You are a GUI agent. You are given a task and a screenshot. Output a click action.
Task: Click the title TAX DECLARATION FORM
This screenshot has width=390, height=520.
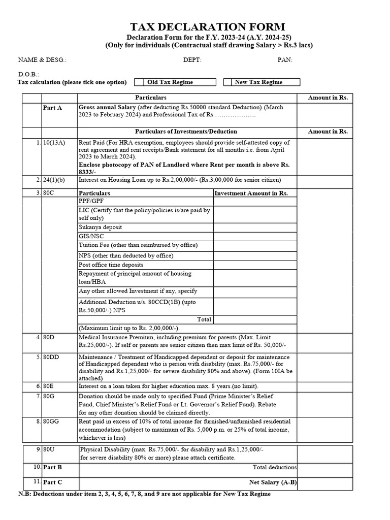click(x=208, y=27)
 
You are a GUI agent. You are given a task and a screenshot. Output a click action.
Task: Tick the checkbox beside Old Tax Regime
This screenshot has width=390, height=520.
click(x=139, y=82)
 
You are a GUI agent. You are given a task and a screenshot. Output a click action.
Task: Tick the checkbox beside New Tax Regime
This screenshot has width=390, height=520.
click(x=227, y=82)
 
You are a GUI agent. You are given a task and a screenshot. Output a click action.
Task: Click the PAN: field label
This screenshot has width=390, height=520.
click(x=285, y=60)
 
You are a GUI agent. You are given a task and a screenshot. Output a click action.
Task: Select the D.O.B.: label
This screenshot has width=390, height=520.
click(x=28, y=74)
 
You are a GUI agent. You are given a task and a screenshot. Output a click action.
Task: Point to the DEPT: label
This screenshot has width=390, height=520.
click(x=192, y=60)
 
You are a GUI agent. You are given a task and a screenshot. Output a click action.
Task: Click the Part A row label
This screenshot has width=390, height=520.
click(x=53, y=108)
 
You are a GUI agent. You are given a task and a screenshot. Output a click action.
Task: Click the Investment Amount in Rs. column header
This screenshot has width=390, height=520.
click(x=251, y=193)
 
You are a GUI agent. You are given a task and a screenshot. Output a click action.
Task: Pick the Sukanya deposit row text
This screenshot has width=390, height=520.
click(x=100, y=227)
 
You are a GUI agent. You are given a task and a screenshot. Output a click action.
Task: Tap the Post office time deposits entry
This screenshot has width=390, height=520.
click(x=111, y=265)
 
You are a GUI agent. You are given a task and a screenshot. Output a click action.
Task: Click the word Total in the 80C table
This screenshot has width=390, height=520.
click(x=204, y=319)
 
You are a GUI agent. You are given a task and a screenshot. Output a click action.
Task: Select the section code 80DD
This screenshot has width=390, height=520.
click(x=51, y=357)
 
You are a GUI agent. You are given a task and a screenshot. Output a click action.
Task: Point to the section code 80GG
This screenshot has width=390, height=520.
click(x=51, y=421)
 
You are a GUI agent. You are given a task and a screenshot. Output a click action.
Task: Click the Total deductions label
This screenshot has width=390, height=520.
click(x=275, y=467)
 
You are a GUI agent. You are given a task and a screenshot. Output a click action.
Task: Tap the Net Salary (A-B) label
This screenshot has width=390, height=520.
click(x=273, y=482)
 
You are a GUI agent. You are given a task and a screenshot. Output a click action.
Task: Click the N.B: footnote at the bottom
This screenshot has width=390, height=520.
click(x=144, y=494)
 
